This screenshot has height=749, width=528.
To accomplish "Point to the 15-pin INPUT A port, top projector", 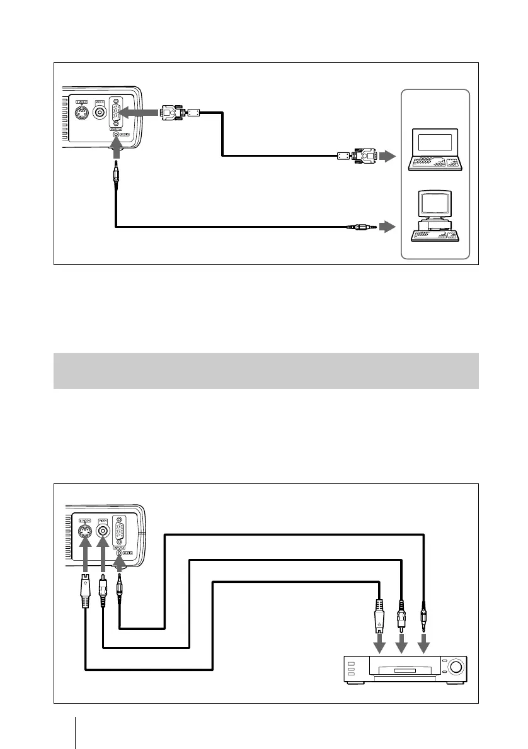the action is tap(116, 113).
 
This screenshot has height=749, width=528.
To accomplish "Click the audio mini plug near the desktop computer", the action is tap(362, 227).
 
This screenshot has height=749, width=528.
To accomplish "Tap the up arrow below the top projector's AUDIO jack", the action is tap(115, 150).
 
